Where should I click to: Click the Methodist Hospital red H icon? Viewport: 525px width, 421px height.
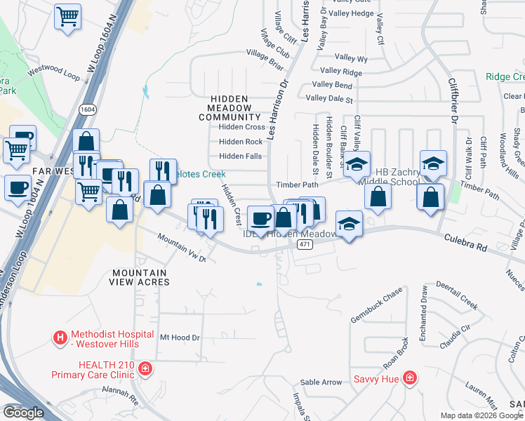(61, 338)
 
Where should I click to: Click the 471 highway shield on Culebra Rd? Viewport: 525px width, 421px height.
(303, 244)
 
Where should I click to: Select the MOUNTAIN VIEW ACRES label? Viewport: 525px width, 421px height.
(139, 277)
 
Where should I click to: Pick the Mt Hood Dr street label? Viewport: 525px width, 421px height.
(180, 338)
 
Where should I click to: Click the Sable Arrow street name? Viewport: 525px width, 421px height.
(321, 382)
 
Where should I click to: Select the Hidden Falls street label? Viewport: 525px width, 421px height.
(241, 156)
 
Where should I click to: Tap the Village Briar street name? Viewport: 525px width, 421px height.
(266, 63)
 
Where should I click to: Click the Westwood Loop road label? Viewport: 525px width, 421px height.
(54, 72)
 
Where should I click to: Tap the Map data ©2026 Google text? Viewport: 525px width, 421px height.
(481, 415)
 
